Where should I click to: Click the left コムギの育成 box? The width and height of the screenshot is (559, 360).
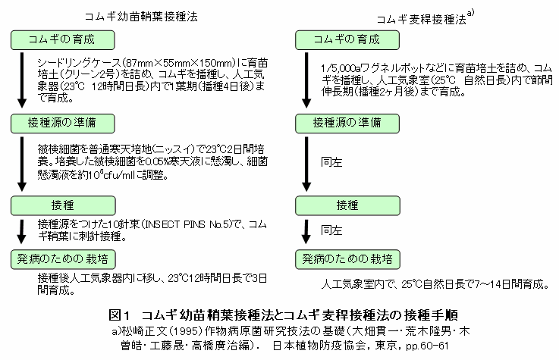[x=63, y=40]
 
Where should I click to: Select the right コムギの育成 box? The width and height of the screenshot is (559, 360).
[x=347, y=40]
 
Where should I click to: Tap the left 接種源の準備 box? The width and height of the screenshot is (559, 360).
[x=63, y=124]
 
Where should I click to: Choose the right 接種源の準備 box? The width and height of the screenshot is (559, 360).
[x=347, y=124]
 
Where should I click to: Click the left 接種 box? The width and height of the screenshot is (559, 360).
[x=63, y=205]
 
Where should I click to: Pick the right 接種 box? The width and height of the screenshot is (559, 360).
[x=347, y=205]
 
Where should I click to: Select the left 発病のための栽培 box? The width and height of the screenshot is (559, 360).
[x=63, y=259]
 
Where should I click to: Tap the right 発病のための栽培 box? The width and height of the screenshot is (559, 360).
[x=347, y=259]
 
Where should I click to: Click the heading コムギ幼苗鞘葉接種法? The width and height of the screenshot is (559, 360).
[x=141, y=17]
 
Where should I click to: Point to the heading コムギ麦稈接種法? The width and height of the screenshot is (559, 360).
[x=422, y=19]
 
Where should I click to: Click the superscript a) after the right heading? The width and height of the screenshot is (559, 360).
[x=470, y=12]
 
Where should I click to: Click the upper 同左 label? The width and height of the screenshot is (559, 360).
[x=331, y=162]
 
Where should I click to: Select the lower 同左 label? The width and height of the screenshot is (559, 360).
[x=331, y=230]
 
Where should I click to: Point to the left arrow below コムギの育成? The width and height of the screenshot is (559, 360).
[x=22, y=80]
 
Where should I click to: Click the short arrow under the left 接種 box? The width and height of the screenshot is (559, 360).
[x=22, y=231]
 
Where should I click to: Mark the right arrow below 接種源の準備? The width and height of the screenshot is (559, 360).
[x=306, y=164]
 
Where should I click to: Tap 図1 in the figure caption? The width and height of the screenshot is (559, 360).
[x=119, y=315]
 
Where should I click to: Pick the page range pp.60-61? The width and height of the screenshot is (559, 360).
[x=427, y=346]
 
